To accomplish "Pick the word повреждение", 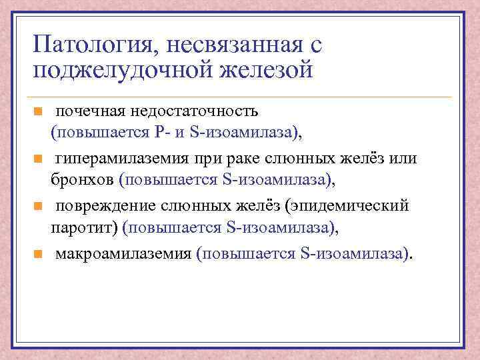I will click(x=104, y=206).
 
